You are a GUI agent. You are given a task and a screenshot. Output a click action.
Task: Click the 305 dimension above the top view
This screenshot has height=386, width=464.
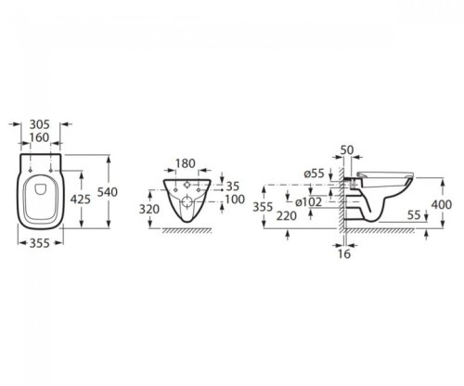40,124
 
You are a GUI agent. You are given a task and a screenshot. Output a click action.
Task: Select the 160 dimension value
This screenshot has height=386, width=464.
40,137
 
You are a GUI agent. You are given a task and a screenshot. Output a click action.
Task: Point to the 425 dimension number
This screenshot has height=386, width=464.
81,199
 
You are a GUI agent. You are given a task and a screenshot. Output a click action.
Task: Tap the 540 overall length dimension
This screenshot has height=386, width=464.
108,192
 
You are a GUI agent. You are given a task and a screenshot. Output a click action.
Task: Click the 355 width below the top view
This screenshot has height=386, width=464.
40,243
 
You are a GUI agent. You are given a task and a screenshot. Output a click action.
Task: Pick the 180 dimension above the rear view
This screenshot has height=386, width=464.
186,163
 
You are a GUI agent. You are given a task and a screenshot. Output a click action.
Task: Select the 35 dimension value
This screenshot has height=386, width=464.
233,187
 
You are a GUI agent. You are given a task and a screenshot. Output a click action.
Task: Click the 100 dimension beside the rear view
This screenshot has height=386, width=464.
235,199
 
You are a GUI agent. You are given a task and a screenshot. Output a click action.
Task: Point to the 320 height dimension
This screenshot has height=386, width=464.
149,210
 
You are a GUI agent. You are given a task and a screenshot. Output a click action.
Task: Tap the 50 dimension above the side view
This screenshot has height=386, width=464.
347,150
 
